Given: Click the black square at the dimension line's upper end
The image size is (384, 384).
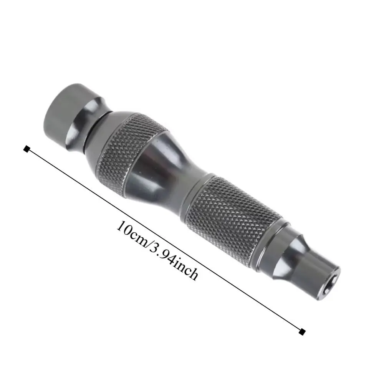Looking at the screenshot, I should [26, 149].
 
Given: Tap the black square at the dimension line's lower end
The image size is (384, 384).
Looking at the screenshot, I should [303, 331].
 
